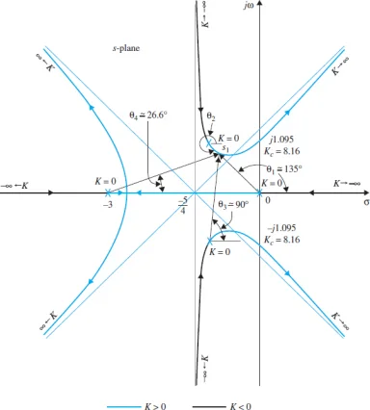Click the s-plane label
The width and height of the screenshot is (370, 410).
click(125, 48)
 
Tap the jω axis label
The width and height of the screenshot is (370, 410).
click(249, 6)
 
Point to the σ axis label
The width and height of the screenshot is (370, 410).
click(366, 203)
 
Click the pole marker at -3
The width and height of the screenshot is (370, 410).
click(108, 192)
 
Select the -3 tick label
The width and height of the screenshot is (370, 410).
click(108, 205)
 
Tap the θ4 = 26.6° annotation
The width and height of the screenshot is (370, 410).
click(148, 115)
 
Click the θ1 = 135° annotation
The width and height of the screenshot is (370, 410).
click(284, 168)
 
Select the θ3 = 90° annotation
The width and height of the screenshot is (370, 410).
click(233, 204)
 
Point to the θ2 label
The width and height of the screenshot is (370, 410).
click(211, 117)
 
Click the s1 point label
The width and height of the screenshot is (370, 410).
click(225, 148)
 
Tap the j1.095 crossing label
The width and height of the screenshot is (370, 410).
click(281, 140)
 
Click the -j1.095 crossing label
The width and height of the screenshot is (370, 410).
click(281, 228)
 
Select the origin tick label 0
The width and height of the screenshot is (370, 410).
click(268, 200)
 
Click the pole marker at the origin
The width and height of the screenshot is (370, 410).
click(259, 192)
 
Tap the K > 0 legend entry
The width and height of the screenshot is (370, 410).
click(136, 406)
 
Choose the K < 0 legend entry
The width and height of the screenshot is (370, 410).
click(223, 406)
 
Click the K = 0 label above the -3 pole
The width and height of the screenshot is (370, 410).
click(105, 181)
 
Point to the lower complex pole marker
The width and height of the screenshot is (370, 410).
click(210, 241)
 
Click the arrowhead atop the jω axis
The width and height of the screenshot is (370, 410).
click(259, 3)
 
